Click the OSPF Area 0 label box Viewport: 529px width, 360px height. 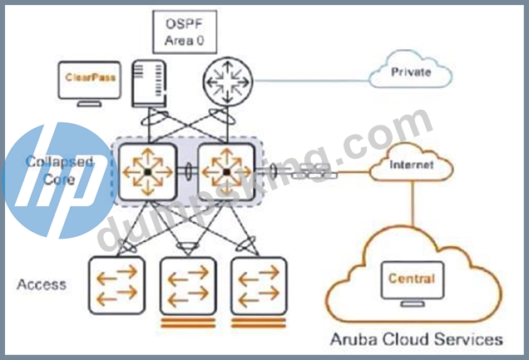(185, 32)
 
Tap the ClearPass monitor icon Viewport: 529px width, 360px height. (89, 83)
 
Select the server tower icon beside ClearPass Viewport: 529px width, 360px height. (149, 84)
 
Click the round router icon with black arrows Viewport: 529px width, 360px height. (228, 81)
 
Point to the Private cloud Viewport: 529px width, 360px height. (410, 70)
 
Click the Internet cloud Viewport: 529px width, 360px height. (412, 163)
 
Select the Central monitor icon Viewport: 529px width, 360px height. (413, 284)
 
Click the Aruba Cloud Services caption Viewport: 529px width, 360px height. (417, 339)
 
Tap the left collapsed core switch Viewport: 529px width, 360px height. (147, 172)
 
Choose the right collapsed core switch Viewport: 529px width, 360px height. (226, 172)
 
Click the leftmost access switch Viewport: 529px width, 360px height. (116, 285)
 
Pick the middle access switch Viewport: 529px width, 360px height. (188, 286)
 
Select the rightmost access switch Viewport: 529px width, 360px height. (259, 286)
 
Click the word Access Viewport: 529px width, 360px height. (42, 284)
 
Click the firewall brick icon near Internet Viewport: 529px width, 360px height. (314, 171)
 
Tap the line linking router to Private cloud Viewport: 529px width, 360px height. (311, 81)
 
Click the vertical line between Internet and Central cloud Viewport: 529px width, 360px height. (413, 203)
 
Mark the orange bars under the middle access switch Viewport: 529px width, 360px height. (188, 323)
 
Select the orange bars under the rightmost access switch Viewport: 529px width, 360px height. (259, 323)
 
